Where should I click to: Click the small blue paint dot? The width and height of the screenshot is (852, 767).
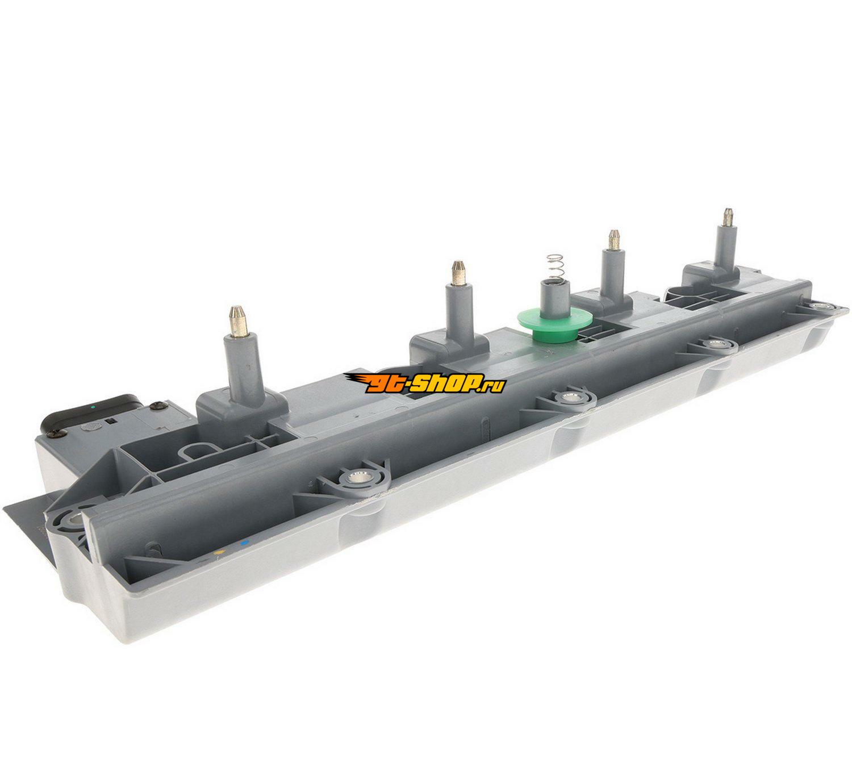[243, 543]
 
